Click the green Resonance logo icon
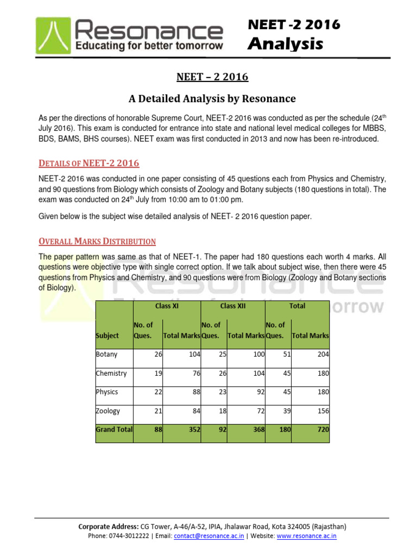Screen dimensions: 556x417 point(55,36)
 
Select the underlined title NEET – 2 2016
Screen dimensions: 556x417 point(212,77)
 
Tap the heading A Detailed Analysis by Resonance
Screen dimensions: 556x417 point(212,98)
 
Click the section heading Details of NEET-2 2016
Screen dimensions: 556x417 point(89,163)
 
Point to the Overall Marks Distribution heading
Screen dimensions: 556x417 point(97,241)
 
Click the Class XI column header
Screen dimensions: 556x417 point(167,306)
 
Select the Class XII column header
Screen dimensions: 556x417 point(233,306)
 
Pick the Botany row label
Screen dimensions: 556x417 point(106,355)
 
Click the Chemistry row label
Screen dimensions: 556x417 point(111,373)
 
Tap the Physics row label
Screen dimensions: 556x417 point(107,392)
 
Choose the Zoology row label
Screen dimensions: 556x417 point(108,411)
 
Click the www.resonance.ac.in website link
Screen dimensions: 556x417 point(307,536)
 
